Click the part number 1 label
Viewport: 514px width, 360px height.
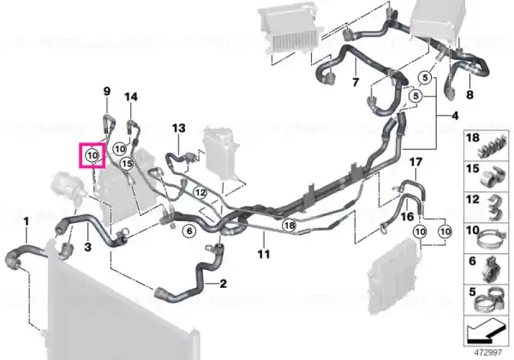[27, 222]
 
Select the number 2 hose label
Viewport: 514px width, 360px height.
[223, 283]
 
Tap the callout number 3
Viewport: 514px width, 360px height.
[87, 247]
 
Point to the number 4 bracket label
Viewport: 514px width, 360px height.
[455, 116]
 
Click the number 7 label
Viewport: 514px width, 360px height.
[356, 81]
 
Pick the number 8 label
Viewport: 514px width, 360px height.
[469, 95]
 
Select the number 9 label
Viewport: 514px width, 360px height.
[107, 91]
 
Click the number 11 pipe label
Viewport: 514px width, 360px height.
[264, 254]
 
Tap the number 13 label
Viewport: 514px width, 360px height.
[179, 128]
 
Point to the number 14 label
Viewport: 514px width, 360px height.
[131, 97]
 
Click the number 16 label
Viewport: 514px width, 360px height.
[408, 217]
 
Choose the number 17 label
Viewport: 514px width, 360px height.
[416, 162]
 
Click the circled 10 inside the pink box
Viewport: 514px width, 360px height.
[93, 155]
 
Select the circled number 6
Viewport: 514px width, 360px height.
[189, 231]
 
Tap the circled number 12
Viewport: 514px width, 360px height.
[200, 193]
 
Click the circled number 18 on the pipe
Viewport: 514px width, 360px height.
[290, 225]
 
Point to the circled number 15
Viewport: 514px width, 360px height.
[127, 163]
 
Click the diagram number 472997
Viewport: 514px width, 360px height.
[488, 353]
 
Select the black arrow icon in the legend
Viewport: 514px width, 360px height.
[485, 333]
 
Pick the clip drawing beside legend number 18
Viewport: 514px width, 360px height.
[493, 147]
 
